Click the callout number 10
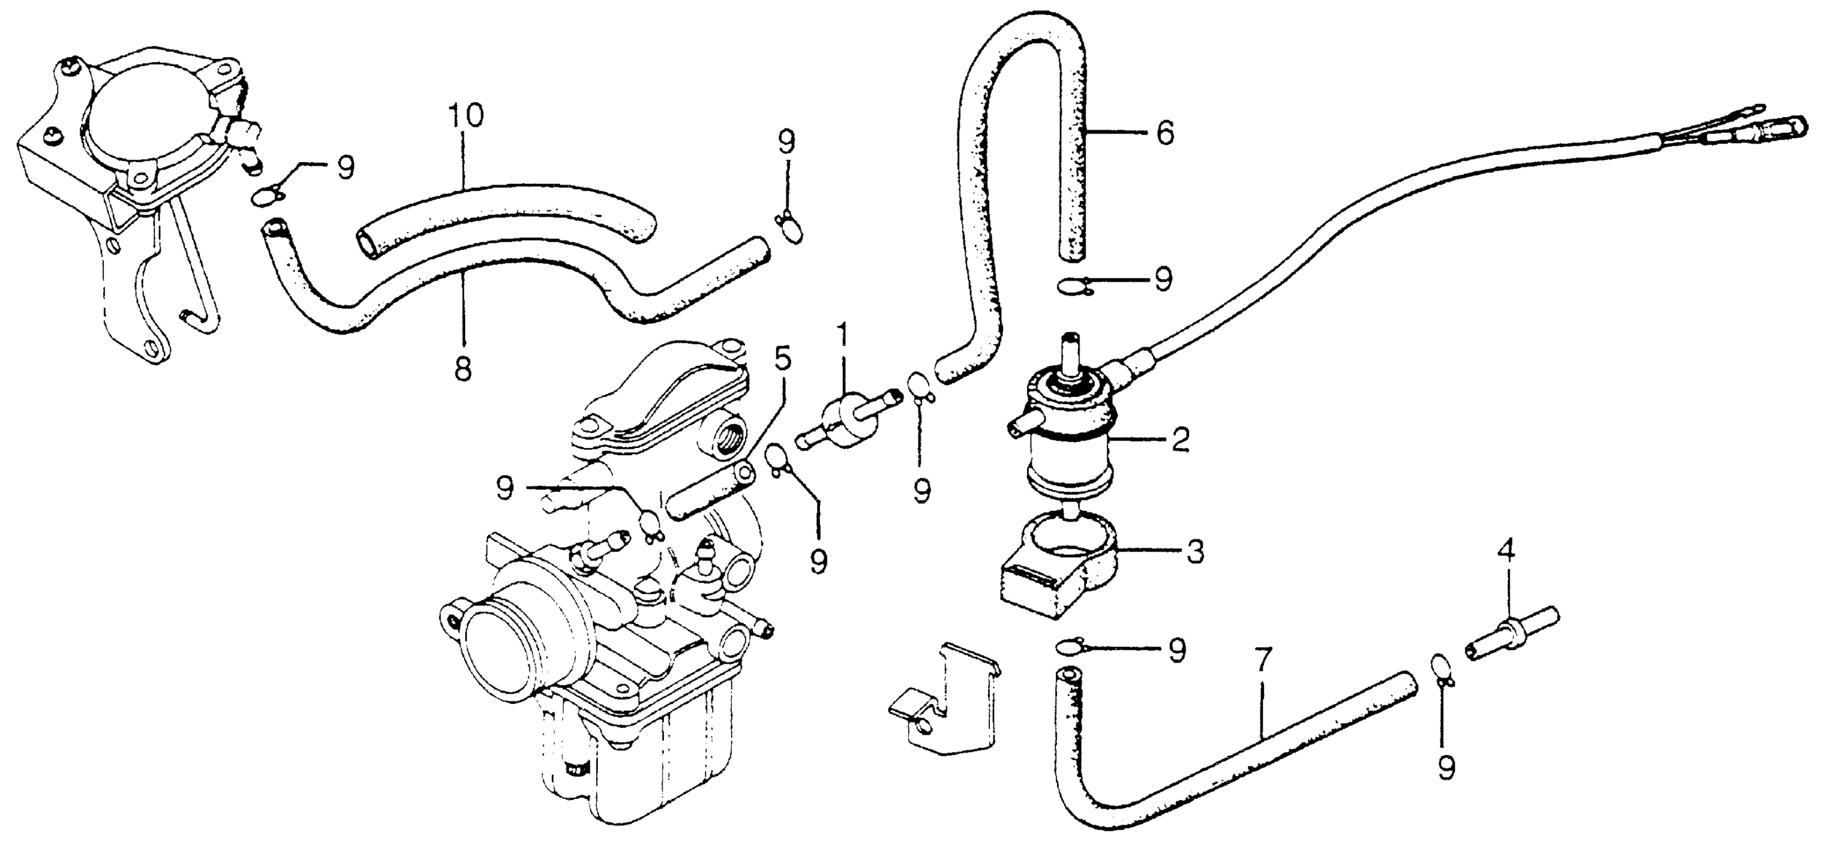point(466,117)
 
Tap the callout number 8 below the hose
point(463,370)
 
